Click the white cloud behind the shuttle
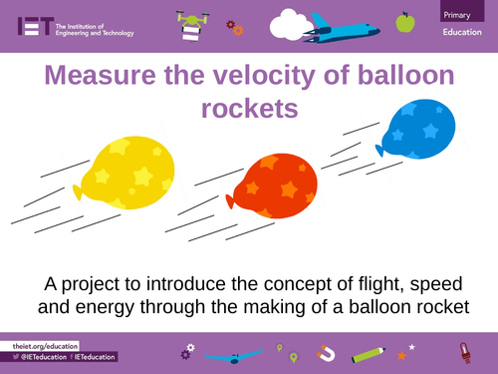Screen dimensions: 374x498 click(293, 21)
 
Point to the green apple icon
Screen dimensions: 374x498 click(404, 22)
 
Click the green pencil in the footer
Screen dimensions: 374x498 click(367, 353)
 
